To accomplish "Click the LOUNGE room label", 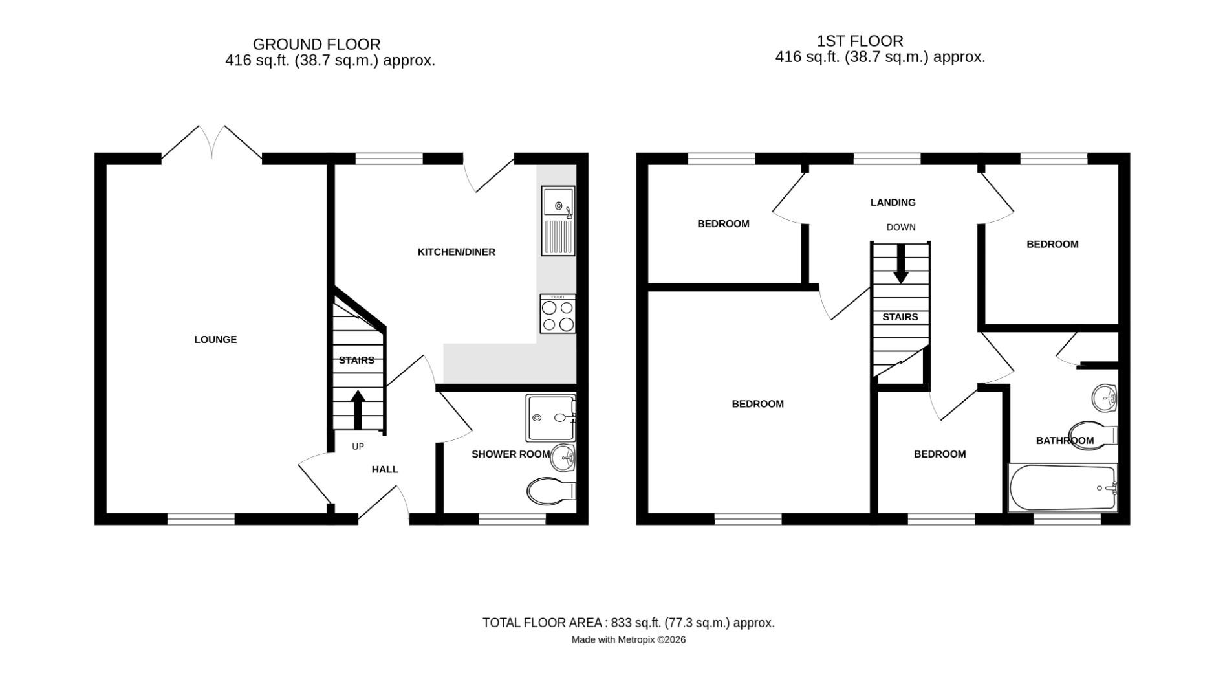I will (x=215, y=339).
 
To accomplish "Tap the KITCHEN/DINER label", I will (x=456, y=252).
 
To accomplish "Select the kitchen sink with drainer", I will (x=558, y=221).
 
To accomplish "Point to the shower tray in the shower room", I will (x=550, y=418).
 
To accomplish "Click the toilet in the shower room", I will (x=550, y=491).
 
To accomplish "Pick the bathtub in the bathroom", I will (x=1062, y=488).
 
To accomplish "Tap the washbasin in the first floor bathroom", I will (x=1105, y=397).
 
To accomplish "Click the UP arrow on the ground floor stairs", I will (x=358, y=409).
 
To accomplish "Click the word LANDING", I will (x=893, y=202).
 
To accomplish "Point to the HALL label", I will (x=385, y=469).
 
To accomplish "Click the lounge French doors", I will (x=211, y=142).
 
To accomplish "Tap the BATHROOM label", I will (x=1065, y=441).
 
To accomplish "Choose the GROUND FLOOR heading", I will (x=316, y=44).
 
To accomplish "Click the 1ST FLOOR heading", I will (x=860, y=41).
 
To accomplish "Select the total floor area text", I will (x=628, y=623).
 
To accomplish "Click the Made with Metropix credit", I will (x=628, y=639).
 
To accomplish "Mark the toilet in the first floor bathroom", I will (x=1094, y=434).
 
